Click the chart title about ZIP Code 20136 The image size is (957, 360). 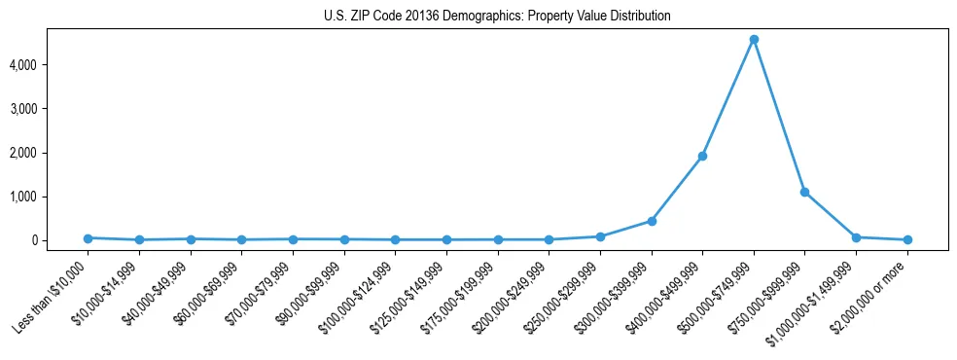tap(497, 17)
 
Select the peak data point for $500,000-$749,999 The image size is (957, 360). tap(754, 40)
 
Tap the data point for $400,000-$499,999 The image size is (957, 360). tap(702, 156)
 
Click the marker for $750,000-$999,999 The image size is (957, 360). tap(804, 192)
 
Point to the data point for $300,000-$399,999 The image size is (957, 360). tap(652, 221)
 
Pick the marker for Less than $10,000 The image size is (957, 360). tap(89, 237)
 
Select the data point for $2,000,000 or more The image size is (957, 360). tap(907, 239)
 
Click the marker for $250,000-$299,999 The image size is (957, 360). tap(600, 236)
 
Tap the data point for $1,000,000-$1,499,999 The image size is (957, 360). tap(856, 237)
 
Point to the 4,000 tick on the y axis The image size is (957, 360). tap(50, 65)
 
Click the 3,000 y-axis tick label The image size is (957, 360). tap(50, 109)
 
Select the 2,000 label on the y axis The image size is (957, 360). tap(50, 153)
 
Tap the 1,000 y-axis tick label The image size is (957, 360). tap(50, 197)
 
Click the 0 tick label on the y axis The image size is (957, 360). tap(59, 240)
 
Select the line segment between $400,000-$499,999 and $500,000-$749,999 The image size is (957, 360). tap(727, 98)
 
